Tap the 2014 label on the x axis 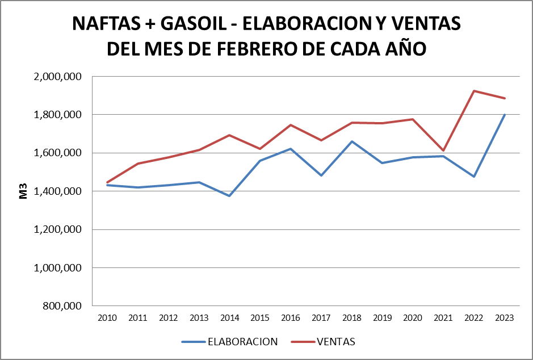[229, 318]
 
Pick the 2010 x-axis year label [107, 318]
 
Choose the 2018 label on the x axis [351, 318]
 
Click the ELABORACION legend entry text [242, 342]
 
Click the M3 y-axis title [24, 191]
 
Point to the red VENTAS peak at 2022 [473, 91]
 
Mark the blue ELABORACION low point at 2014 [229, 196]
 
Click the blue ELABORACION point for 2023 [504, 115]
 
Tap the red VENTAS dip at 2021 [443, 150]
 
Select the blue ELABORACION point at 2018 [351, 141]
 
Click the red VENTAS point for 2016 [291, 125]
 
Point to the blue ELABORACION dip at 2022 [473, 177]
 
